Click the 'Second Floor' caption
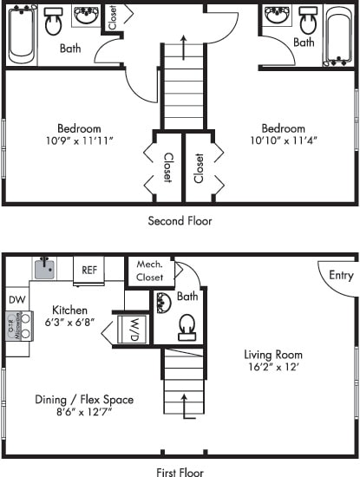[180, 221]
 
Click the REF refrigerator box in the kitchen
[88, 270]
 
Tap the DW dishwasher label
[16, 299]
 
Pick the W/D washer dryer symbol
[134, 330]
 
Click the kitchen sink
[44, 268]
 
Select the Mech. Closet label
[150, 271]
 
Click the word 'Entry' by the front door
[341, 276]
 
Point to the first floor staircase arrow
[184, 406]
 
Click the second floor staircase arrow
[184, 48]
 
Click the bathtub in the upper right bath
[338, 35]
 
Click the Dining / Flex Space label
[84, 400]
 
